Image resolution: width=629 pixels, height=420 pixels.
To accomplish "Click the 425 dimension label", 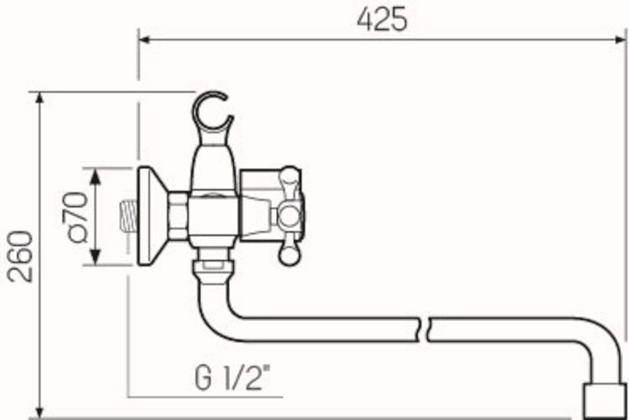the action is tap(382, 19).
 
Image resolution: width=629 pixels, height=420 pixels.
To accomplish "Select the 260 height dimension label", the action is tap(20, 256).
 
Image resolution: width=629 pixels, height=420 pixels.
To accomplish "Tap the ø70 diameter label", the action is tap(74, 217).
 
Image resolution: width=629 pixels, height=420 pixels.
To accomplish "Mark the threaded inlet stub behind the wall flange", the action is tap(128, 215).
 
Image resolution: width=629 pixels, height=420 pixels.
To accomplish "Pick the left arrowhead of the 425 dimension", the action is tap(144, 40).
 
